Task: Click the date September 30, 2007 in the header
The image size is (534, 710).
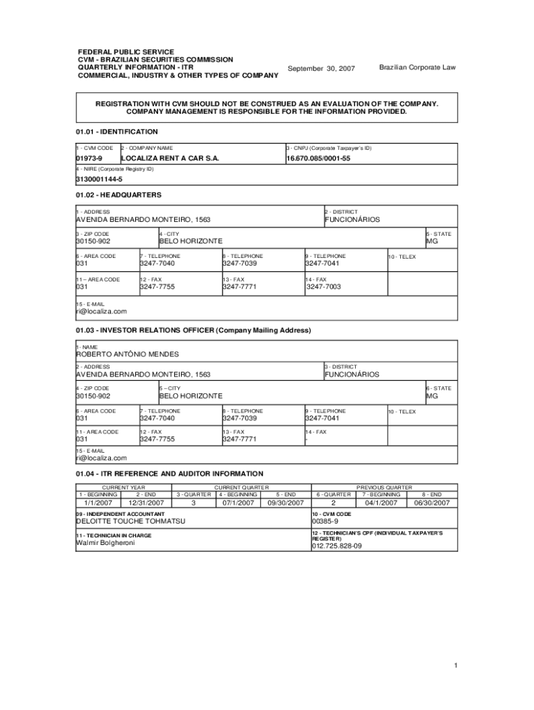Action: (x=321, y=69)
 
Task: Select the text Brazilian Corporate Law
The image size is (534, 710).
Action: (x=417, y=67)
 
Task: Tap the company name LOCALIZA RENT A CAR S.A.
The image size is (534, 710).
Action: (x=170, y=159)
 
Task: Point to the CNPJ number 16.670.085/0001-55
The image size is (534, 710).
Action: (x=318, y=159)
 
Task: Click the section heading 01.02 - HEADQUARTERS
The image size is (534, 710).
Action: (x=119, y=195)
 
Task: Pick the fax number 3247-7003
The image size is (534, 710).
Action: (x=324, y=286)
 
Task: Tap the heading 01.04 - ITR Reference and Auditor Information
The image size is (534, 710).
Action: (x=169, y=474)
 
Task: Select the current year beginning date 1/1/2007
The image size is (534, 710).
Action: (x=98, y=503)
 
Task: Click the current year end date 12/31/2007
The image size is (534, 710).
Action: (x=146, y=503)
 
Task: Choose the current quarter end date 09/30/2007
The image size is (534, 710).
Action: (x=286, y=503)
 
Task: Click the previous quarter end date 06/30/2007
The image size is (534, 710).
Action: (x=432, y=503)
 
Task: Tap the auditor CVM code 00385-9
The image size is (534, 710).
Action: (x=325, y=521)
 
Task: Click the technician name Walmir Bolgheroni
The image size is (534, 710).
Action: (x=105, y=543)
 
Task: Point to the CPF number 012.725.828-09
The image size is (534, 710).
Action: (x=336, y=546)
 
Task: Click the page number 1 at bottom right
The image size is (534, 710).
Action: (x=456, y=666)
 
